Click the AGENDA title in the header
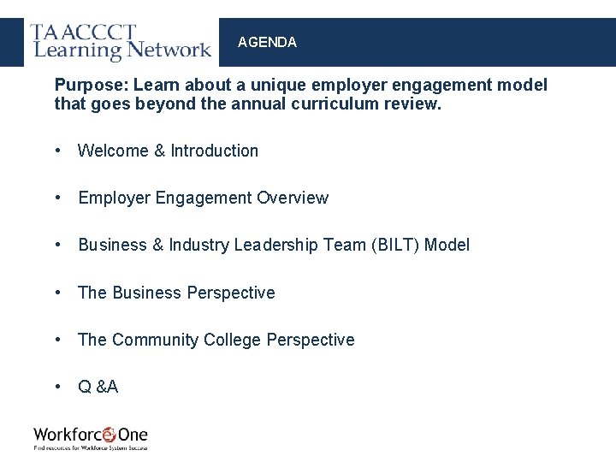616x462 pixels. click(267, 42)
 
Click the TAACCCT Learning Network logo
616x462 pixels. click(121, 42)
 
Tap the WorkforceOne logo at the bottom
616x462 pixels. click(91, 437)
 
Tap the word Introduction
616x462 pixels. click(214, 151)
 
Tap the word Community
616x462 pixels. click(156, 340)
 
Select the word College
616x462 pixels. click(232, 340)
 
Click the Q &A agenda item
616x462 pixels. click(98, 387)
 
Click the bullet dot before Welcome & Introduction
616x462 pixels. click(57, 151)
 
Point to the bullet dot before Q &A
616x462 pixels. click(57, 387)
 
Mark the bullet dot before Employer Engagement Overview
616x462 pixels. click(57, 198)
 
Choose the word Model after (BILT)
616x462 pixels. click(447, 245)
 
